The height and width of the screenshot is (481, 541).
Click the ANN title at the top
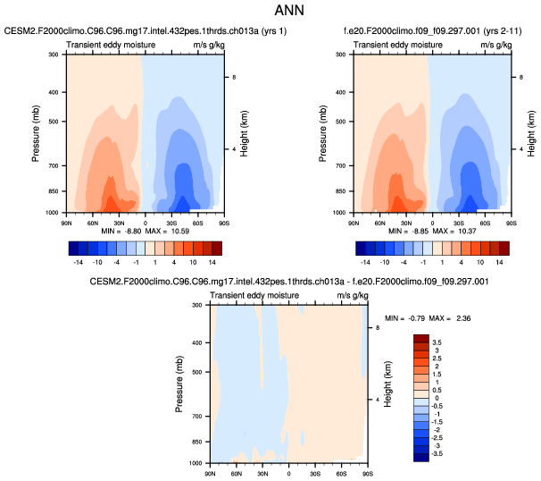coord(270,13)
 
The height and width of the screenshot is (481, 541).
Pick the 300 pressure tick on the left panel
coord(53,55)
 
